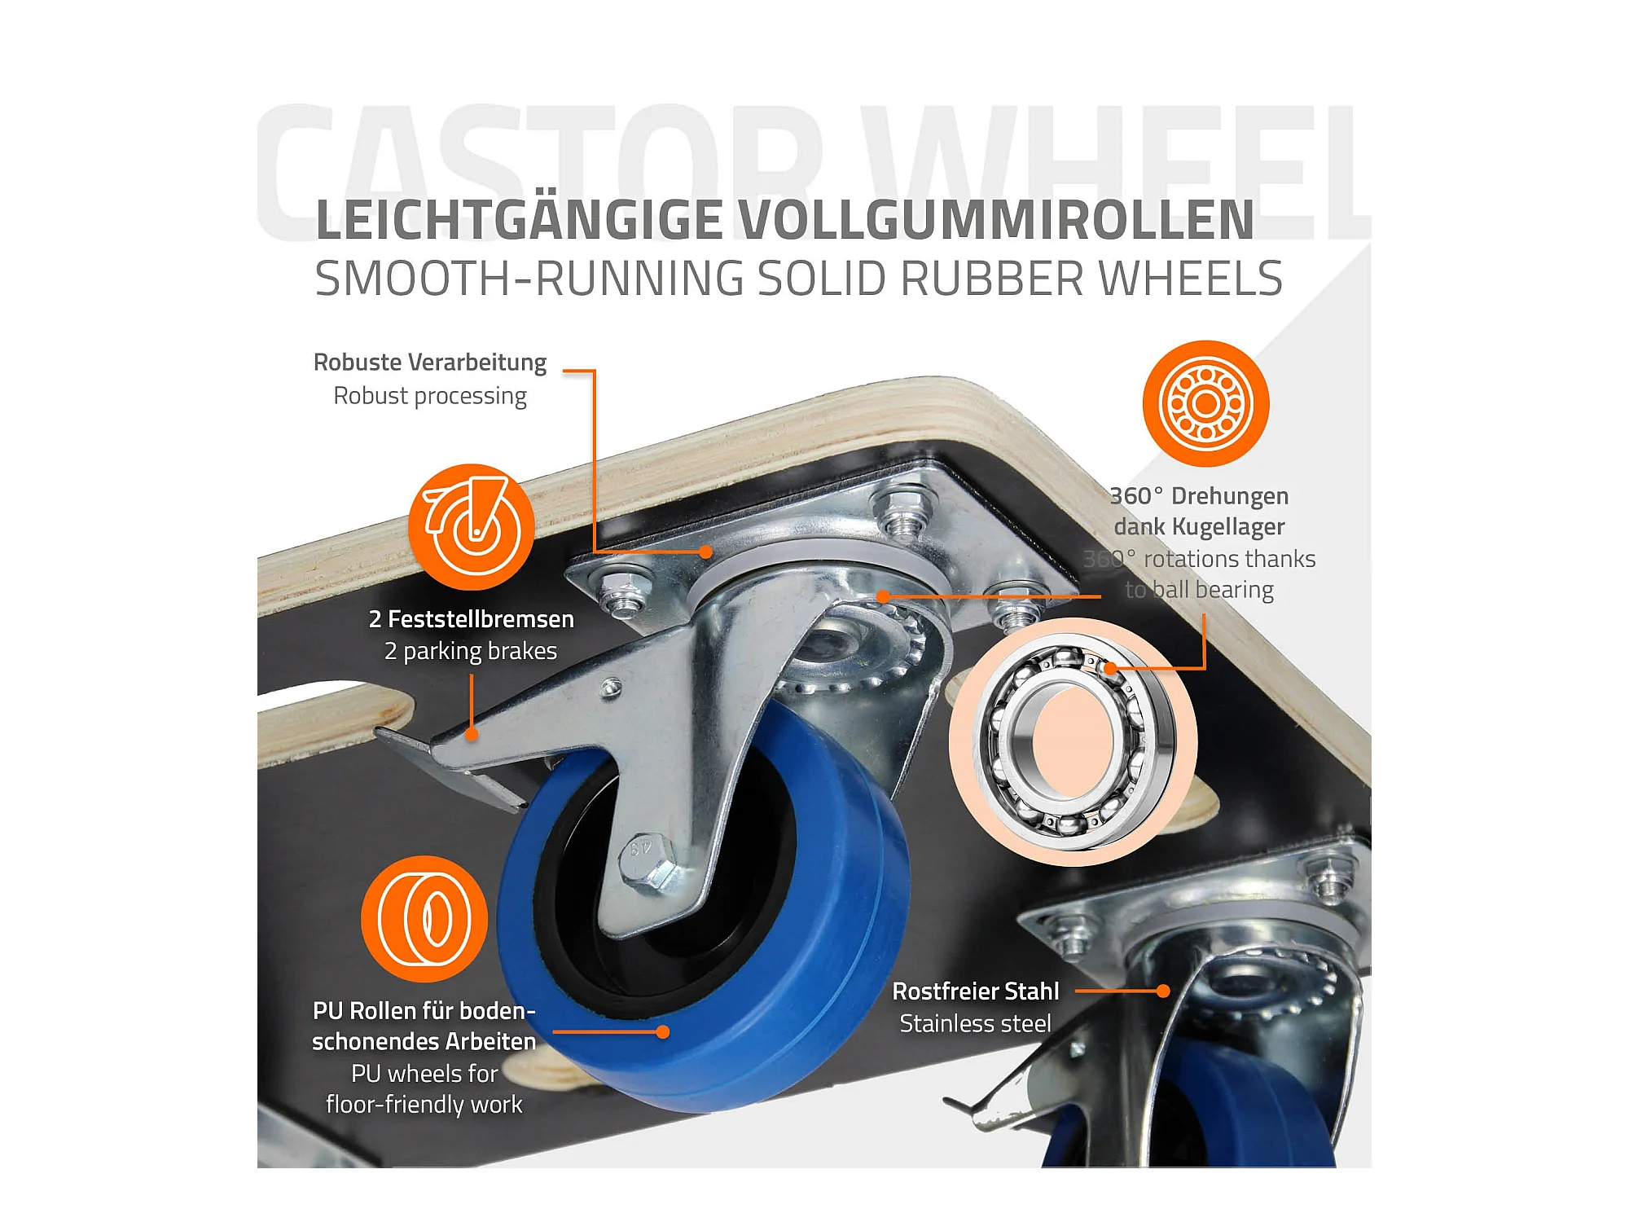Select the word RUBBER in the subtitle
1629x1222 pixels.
[x=992, y=279]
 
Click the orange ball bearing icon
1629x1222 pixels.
[x=1205, y=403]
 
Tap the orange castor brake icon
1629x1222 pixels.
[x=472, y=527]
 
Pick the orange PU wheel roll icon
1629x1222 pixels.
[x=424, y=919]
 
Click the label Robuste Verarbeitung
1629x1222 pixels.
[x=430, y=363]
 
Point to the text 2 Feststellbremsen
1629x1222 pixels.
[x=472, y=619]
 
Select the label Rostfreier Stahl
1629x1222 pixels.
[x=976, y=991]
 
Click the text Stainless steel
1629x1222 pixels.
[x=976, y=1024]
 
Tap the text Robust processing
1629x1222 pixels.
[x=430, y=397]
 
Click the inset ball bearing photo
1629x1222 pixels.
[x=1073, y=741]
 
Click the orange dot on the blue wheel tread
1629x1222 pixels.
[x=663, y=1032]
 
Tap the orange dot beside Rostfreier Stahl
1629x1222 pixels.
[x=1163, y=991]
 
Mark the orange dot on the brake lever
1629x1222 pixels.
[x=472, y=734]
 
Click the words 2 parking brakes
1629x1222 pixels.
[x=471, y=652]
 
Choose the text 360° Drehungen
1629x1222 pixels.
[x=1199, y=496]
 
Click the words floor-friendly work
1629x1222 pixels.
[x=424, y=1105]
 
